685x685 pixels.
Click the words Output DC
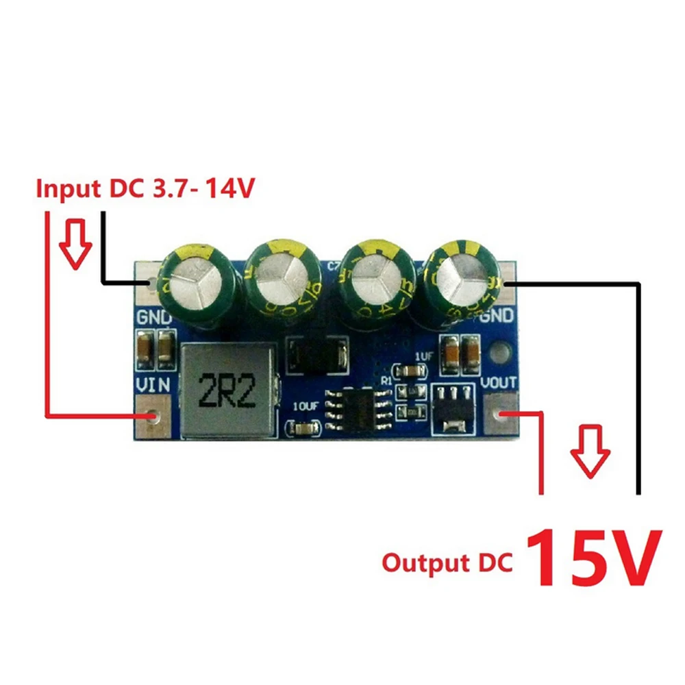[x=447, y=563]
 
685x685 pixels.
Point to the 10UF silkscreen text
[x=305, y=405]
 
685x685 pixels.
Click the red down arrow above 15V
[x=590, y=451]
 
